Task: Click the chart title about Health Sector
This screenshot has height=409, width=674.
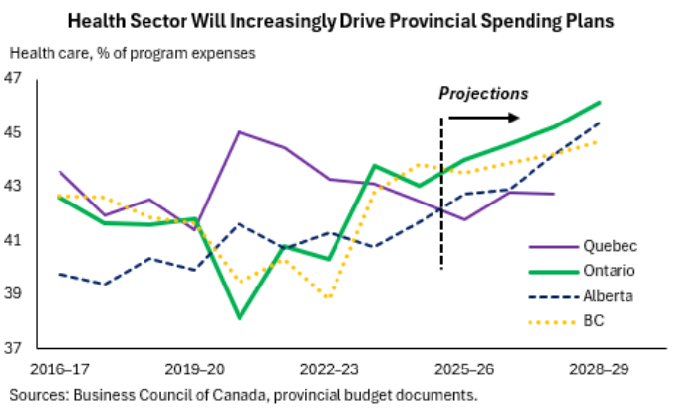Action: click(337, 21)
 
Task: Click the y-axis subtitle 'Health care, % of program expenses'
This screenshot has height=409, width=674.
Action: click(133, 53)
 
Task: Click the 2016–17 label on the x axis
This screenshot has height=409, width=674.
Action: click(60, 368)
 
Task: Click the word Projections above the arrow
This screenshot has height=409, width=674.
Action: click(484, 94)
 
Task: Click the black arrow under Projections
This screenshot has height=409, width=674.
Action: click(484, 118)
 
